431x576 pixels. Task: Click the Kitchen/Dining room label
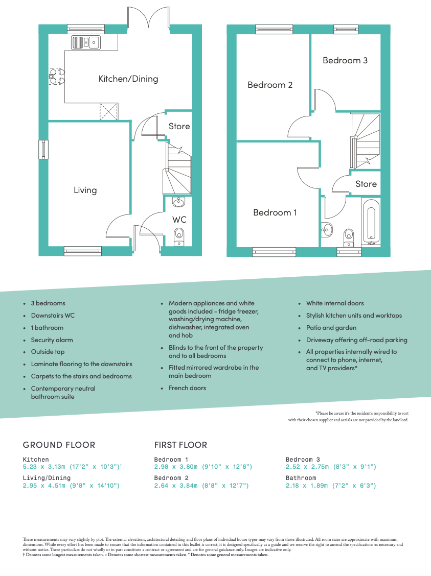[x=128, y=79]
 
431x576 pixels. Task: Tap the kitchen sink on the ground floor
[x=86, y=42]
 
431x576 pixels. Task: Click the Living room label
[x=85, y=190]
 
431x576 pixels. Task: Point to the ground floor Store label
[x=179, y=126]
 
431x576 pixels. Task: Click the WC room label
[x=179, y=220]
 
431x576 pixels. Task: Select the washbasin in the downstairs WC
[x=178, y=202]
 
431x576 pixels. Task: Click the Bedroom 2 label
[x=270, y=85]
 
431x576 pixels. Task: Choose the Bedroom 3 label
[x=345, y=60]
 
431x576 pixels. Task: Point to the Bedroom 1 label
[x=275, y=212]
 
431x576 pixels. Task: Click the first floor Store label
[x=366, y=184]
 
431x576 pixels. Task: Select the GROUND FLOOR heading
[x=59, y=445]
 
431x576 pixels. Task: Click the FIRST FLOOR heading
[x=180, y=445]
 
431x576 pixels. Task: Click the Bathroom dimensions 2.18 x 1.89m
[x=331, y=486]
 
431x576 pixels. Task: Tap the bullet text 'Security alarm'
[x=52, y=340]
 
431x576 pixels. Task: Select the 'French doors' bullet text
[x=187, y=388]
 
